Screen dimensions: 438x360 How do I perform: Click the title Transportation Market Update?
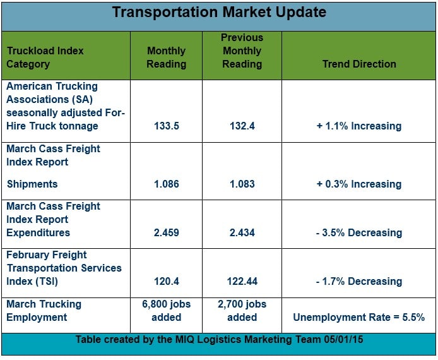pos(219,12)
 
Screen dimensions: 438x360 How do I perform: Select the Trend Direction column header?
pos(359,64)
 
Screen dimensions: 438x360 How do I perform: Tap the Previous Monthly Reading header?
pos(242,51)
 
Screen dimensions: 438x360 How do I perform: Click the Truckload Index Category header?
pos(45,57)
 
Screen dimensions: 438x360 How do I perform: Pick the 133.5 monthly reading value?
pos(167,126)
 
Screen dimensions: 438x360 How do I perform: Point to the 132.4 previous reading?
pos(242,126)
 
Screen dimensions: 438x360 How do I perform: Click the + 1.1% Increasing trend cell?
pos(359,126)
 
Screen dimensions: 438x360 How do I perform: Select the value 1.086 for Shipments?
pos(167,184)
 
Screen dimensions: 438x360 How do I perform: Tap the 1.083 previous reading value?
pos(242,184)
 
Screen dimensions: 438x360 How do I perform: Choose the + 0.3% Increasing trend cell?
pos(359,184)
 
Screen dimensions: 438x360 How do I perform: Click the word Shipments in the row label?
pos(32,184)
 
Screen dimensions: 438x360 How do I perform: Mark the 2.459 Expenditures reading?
pos(167,232)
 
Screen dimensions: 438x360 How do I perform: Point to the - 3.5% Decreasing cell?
pos(359,232)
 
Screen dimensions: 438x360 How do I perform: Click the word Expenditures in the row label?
pos(38,233)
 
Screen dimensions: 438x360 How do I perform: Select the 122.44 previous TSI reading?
pos(242,281)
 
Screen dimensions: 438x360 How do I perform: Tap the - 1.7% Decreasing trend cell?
pos(359,281)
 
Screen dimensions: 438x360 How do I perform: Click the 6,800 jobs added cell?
pos(167,311)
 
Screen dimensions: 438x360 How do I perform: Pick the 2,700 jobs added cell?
pos(242,311)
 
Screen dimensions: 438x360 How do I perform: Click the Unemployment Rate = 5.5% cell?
pos(359,317)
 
